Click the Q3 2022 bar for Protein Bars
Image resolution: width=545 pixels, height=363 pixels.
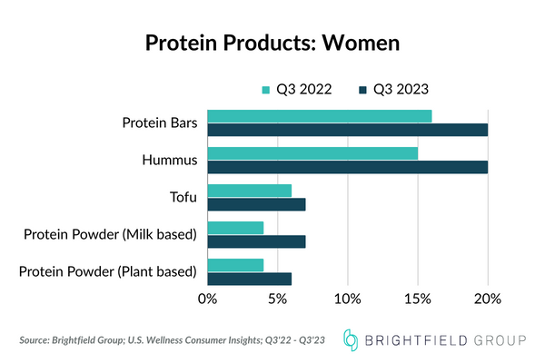[320, 115]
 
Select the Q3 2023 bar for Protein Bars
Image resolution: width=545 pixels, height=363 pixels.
[348, 130]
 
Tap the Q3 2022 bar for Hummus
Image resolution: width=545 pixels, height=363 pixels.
[312, 152]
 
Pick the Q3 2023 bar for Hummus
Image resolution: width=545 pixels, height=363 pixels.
[348, 167]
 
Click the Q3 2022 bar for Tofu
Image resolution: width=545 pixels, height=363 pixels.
[250, 190]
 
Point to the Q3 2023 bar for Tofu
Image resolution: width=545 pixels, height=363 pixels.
[256, 204]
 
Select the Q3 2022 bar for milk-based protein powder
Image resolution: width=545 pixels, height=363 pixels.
[235, 227]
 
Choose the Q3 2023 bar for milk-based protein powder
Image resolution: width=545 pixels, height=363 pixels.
[256, 241]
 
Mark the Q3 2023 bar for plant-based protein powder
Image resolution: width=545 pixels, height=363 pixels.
[250, 279]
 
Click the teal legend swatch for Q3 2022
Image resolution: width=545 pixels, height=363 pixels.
[266, 89]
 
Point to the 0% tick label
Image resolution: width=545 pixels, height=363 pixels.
[208, 298]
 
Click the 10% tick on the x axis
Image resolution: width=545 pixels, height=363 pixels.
[348, 298]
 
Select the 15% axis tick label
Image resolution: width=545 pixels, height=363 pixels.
[418, 298]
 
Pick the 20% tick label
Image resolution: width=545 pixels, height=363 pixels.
[488, 298]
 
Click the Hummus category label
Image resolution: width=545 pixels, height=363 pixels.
[170, 160]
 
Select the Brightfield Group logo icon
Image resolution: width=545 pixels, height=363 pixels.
[352, 339]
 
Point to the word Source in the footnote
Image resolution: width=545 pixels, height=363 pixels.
[36, 340]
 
